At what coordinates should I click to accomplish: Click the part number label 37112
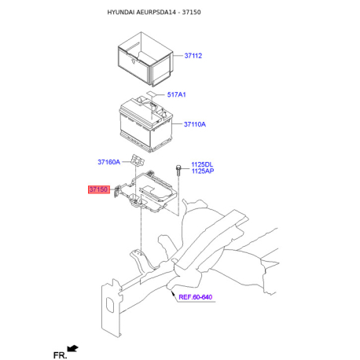tap(193, 56)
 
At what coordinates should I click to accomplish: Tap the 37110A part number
tap(195, 124)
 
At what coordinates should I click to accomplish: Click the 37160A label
tap(108, 162)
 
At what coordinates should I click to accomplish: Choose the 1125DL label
tap(203, 164)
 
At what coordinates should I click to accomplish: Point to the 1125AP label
tap(203, 171)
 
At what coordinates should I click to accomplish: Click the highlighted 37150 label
tap(97, 189)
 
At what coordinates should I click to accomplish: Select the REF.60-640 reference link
tap(196, 297)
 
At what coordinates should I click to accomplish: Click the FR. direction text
tap(60, 355)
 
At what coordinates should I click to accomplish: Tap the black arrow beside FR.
tap(74, 347)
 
